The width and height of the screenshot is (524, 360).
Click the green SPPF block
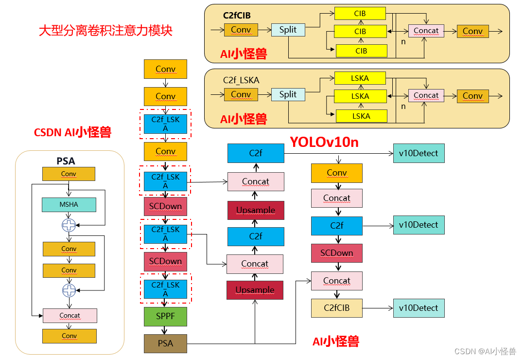point(165,316)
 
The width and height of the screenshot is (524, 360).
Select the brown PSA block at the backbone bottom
point(165,343)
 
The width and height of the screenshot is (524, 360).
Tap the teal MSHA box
point(69,205)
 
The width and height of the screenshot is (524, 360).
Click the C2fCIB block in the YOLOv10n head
point(336,308)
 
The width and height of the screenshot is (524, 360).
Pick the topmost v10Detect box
point(419,153)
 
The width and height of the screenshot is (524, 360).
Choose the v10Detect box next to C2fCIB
point(419,308)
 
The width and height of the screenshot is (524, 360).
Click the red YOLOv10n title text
point(324,142)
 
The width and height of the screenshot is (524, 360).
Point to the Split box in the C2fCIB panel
point(288,30)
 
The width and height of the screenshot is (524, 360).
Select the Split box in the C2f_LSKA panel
point(288,94)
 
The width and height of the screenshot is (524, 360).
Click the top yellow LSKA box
point(360,78)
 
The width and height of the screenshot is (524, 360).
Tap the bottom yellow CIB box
point(361,51)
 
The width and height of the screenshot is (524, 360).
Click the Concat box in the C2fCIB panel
point(426,31)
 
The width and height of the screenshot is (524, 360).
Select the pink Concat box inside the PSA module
point(70,316)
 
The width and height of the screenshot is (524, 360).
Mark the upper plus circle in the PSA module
point(69,225)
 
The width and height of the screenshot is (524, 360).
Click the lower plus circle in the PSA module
point(69,290)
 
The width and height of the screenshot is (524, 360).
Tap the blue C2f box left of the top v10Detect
point(256,153)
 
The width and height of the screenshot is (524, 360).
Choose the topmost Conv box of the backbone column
point(165,69)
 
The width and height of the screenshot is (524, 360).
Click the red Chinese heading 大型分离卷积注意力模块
point(105,31)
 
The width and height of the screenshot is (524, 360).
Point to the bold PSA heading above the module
point(66,161)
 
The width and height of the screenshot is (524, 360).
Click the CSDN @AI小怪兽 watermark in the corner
point(485,351)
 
